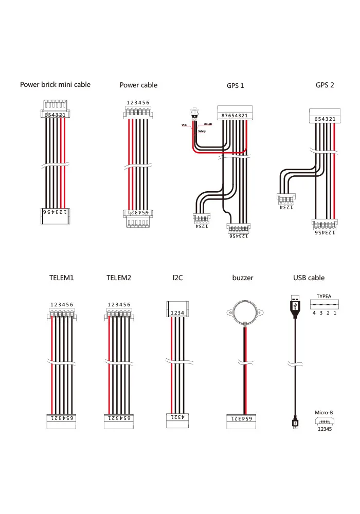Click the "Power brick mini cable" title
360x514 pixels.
point(55,84)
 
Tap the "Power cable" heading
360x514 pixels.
point(138,85)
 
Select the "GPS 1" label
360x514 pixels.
point(235,85)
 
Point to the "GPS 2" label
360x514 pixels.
point(325,85)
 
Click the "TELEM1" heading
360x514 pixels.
point(62,278)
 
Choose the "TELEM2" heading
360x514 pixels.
point(119,278)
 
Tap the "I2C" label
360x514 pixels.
point(177,278)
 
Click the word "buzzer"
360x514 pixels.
point(243,278)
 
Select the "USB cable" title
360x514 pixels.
point(309,278)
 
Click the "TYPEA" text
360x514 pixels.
point(324,297)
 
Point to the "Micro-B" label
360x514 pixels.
point(324,413)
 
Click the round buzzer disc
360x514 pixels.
point(245,311)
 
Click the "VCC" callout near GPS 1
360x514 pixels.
point(184,125)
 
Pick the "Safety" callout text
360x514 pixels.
point(202,132)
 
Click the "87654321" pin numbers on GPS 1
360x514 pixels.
point(235,116)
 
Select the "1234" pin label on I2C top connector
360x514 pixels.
point(177,313)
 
